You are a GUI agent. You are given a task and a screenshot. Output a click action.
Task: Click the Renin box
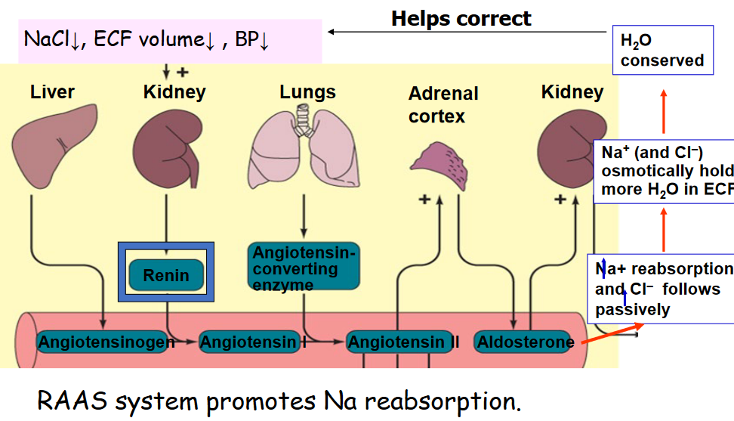pyautogui.click(x=166, y=274)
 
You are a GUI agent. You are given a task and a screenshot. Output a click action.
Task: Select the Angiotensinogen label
pyautogui.click(x=105, y=342)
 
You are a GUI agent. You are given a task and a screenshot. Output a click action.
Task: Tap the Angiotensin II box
pyautogui.click(x=403, y=342)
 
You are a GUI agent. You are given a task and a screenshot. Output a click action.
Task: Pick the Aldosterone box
pyautogui.click(x=525, y=342)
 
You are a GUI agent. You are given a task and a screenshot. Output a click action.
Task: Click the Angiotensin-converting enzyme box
pyautogui.click(x=303, y=268)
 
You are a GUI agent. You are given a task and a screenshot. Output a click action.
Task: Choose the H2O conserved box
pyautogui.click(x=662, y=51)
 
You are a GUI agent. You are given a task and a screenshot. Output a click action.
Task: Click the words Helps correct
pyautogui.click(x=461, y=19)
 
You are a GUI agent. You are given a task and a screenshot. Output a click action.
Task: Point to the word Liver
pyautogui.click(x=52, y=92)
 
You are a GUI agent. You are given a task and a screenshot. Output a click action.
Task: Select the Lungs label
pyautogui.click(x=307, y=92)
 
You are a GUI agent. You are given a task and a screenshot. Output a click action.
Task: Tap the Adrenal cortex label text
pyautogui.click(x=443, y=105)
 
